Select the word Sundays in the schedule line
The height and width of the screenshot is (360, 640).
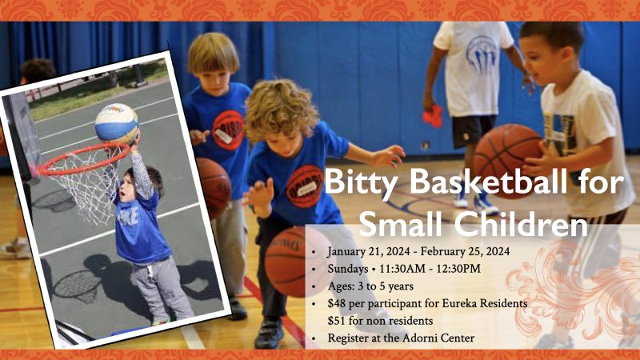point(350,269)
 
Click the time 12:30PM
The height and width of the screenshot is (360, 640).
point(455,269)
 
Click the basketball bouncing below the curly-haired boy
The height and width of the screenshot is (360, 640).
point(287,260)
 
